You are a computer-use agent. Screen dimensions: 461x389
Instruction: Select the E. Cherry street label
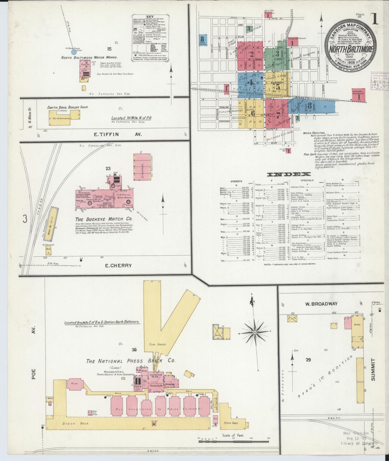click(118, 265)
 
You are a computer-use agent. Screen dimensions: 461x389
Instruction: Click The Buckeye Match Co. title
click(104, 219)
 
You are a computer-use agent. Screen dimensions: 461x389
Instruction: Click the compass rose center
click(255, 333)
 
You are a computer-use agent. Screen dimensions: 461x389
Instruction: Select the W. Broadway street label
click(321, 304)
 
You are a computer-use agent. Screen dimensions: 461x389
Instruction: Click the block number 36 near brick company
click(134, 350)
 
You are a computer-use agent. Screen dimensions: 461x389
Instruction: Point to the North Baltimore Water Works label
click(89, 57)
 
